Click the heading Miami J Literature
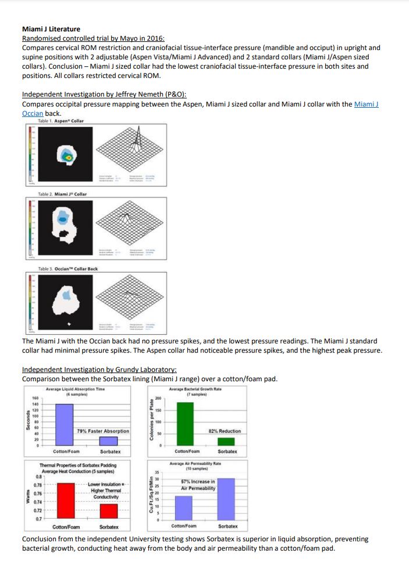(51, 29)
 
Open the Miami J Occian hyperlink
(366, 104)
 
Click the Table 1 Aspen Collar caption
(61, 120)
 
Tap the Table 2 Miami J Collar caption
(62, 194)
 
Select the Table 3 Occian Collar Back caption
(67, 269)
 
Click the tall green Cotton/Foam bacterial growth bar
(184, 424)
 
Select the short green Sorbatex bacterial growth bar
(226, 441)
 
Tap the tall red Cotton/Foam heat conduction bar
(66, 500)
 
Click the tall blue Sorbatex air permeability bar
(226, 498)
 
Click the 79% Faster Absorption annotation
(103, 431)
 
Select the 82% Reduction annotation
(224, 431)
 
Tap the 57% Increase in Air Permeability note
(198, 485)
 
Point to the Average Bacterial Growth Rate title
(195, 391)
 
